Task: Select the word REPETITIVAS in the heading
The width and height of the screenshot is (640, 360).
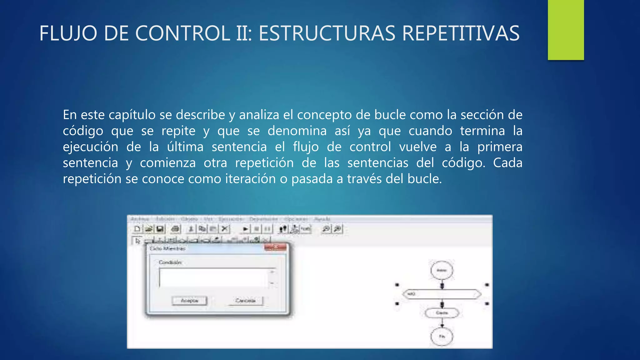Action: pyautogui.click(x=461, y=33)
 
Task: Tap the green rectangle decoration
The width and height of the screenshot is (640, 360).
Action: pyautogui.click(x=566, y=30)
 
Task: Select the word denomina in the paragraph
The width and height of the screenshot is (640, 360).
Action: pyautogui.click(x=297, y=131)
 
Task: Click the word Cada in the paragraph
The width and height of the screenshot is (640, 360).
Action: pyautogui.click(x=507, y=163)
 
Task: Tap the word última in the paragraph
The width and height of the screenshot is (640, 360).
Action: pyautogui.click(x=185, y=147)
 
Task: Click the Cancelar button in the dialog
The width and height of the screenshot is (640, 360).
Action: pyautogui.click(x=246, y=301)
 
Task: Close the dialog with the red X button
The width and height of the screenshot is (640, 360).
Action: pyautogui.click(x=275, y=247)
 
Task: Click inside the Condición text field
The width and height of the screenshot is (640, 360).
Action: pyautogui.click(x=214, y=277)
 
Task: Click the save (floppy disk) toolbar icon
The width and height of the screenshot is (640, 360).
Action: pyautogui.click(x=160, y=229)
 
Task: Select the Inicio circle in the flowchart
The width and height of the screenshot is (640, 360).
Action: pyautogui.click(x=442, y=270)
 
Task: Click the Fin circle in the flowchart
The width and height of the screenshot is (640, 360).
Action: pyautogui.click(x=442, y=337)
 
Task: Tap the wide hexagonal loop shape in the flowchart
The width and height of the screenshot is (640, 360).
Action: pyautogui.click(x=442, y=294)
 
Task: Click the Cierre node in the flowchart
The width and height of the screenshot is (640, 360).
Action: pyautogui.click(x=442, y=313)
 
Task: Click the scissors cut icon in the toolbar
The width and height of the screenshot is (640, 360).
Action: pyautogui.click(x=224, y=229)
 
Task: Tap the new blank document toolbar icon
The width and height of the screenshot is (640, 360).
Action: pyautogui.click(x=137, y=229)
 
